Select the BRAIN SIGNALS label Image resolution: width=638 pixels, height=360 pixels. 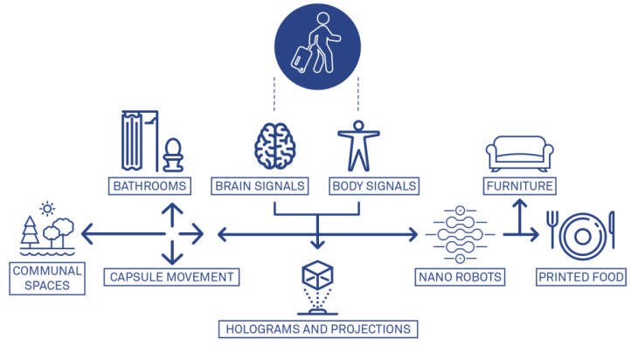pyautogui.click(x=260, y=186)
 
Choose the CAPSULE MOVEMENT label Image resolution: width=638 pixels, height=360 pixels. pyautogui.click(x=171, y=278)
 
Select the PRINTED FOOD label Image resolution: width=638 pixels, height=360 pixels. pyautogui.click(x=581, y=278)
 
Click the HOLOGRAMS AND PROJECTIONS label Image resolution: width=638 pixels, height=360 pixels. pyautogui.click(x=318, y=329)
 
